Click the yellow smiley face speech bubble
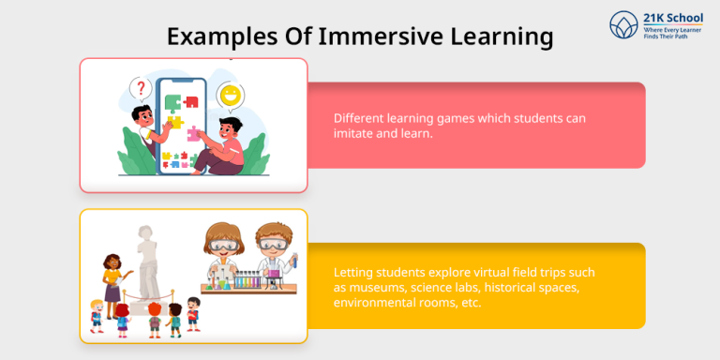tap(228, 96)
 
